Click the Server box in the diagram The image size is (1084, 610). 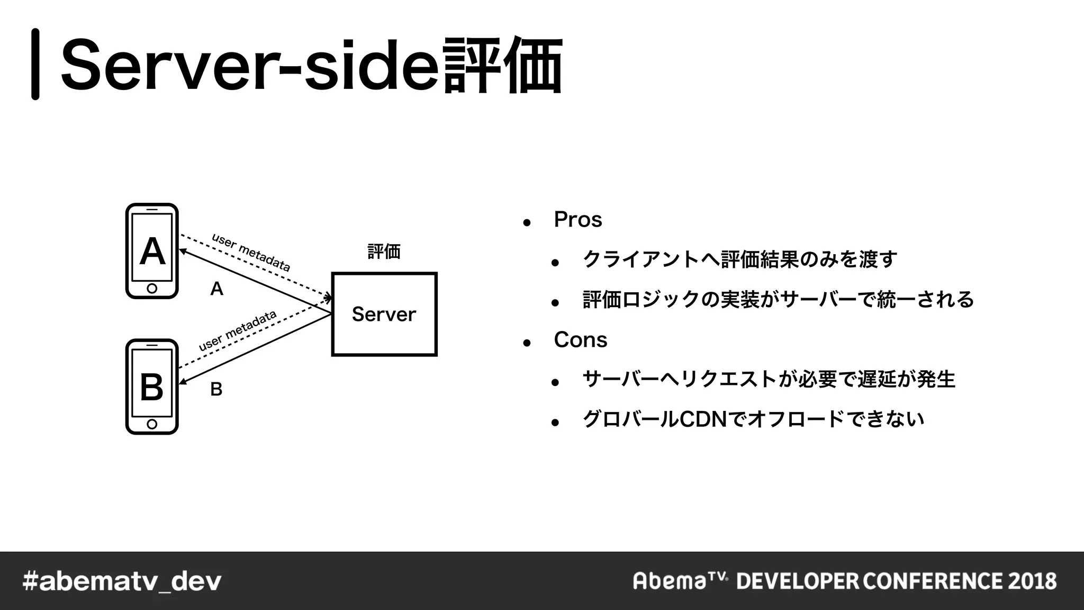(384, 314)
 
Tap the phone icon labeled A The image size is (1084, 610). (152, 251)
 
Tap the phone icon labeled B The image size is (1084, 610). (152, 387)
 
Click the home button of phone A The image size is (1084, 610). (152, 289)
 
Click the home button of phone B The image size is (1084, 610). (152, 424)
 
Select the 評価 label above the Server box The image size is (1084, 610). (384, 251)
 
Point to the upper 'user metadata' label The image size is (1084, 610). (251, 252)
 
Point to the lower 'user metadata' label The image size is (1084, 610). (238, 330)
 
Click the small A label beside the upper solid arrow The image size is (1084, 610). (216, 289)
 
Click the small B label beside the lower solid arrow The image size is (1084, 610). (216, 389)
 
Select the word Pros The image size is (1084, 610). (577, 220)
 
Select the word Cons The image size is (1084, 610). (580, 340)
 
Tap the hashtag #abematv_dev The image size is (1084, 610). (122, 581)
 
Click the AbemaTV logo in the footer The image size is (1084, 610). (680, 580)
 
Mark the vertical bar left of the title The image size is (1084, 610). (35, 64)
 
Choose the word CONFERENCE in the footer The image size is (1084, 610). (932, 581)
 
